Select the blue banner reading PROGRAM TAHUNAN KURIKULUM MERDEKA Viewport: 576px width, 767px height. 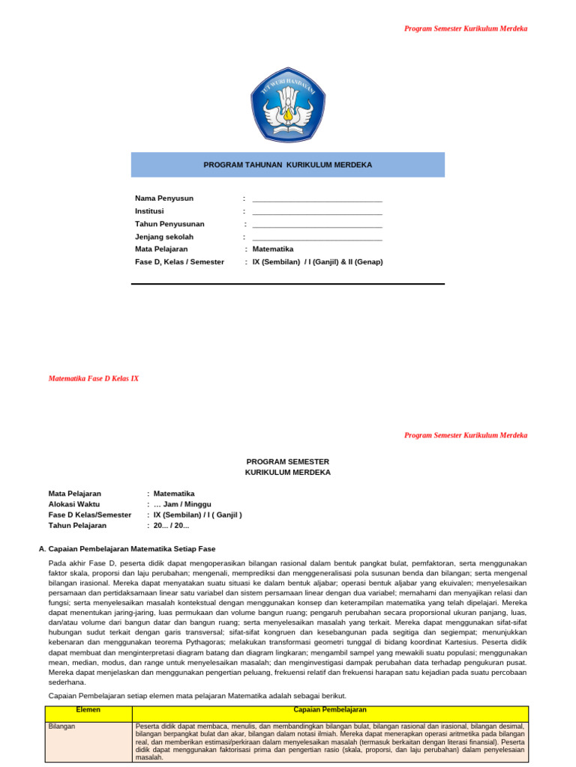(x=288, y=165)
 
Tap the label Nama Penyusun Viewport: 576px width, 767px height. (x=164, y=198)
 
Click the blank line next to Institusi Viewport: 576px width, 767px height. (x=317, y=213)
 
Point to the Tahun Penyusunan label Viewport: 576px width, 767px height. (x=169, y=224)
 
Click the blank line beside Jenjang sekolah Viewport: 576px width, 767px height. (x=317, y=239)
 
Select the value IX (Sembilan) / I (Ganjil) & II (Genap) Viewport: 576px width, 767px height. (x=317, y=262)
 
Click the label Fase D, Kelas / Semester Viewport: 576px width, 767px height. (x=179, y=262)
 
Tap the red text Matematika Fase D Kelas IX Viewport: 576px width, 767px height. (x=94, y=379)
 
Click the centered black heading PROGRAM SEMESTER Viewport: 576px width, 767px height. (x=288, y=461)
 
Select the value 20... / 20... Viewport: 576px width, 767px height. (x=171, y=526)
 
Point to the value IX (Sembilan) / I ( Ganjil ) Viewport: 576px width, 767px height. (x=197, y=515)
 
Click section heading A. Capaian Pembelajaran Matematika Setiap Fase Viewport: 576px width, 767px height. (x=132, y=548)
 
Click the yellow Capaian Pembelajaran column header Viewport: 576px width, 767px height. (x=330, y=709)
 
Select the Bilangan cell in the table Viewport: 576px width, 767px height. (x=61, y=727)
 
